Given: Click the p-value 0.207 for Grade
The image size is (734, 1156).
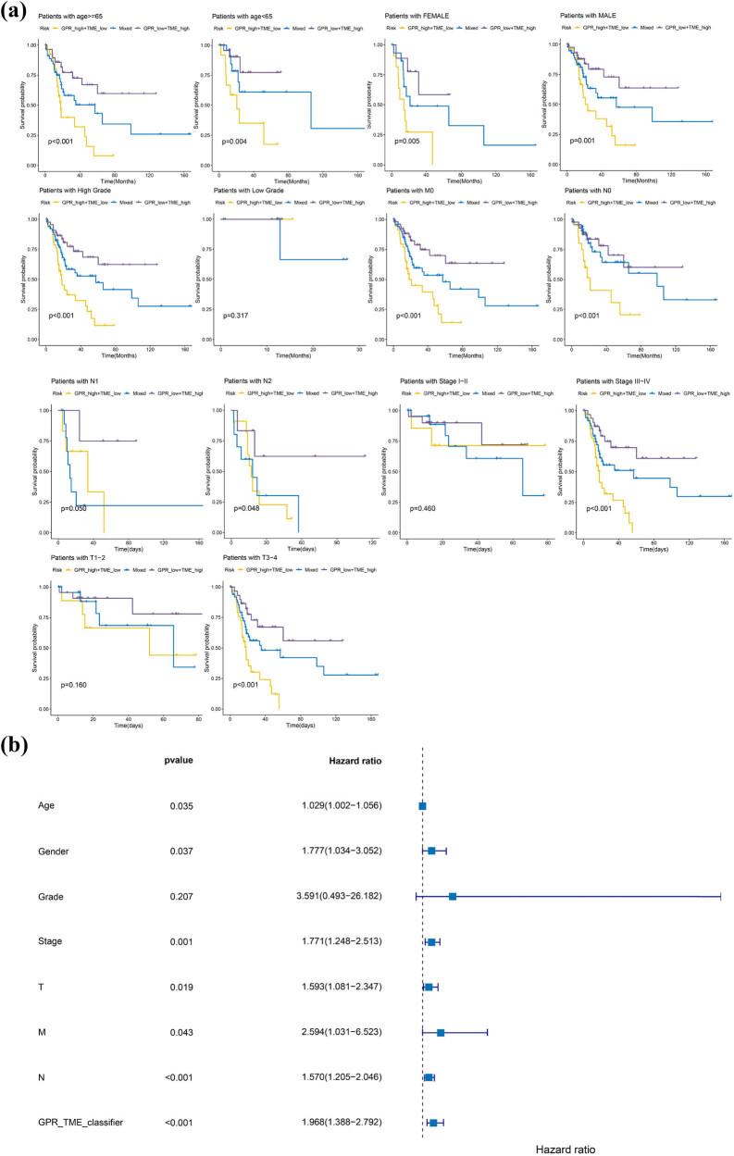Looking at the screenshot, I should [178, 896].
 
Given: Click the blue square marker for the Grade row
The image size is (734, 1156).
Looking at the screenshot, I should [453, 896].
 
